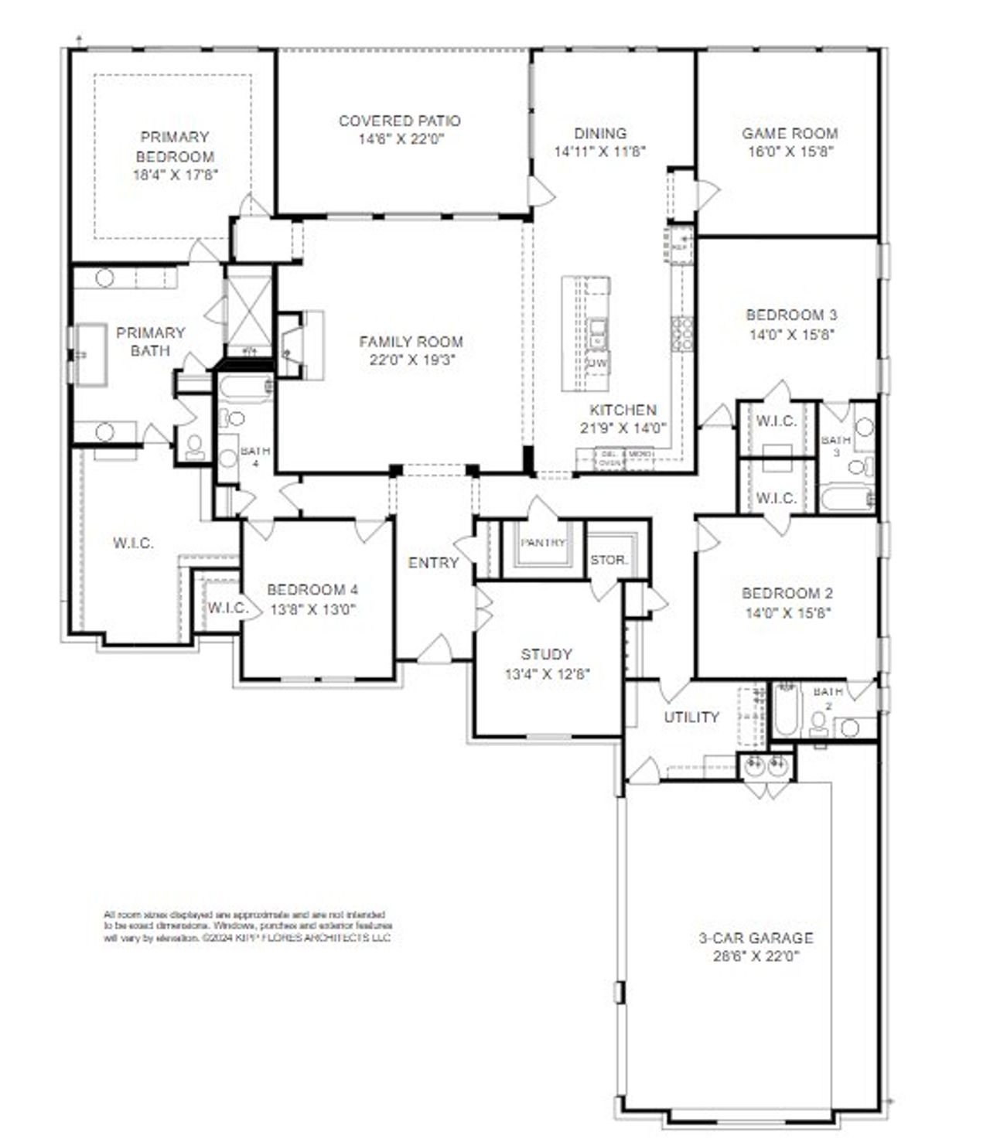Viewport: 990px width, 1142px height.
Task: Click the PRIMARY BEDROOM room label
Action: coord(175,147)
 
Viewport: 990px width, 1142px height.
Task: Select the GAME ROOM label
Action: coord(790,133)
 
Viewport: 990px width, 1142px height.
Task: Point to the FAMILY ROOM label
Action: coord(411,341)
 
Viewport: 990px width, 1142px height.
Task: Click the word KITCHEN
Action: coord(623,410)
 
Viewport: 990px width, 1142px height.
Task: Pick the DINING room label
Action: coord(600,133)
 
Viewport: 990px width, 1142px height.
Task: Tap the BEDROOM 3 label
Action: coord(790,315)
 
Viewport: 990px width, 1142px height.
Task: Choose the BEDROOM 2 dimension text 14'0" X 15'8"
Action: coord(787,613)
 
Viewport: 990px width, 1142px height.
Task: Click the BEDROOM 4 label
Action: coord(312,589)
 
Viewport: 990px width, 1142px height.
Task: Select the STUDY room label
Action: coord(546,654)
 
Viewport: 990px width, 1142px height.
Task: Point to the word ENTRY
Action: coord(433,563)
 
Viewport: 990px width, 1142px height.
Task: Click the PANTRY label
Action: coord(542,543)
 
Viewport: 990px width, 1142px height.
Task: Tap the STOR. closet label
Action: coord(609,560)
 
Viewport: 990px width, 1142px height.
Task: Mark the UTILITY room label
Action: coord(691,717)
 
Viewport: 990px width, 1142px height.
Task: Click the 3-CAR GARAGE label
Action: coord(756,938)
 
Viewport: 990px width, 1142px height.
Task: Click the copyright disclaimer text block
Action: coord(247,926)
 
